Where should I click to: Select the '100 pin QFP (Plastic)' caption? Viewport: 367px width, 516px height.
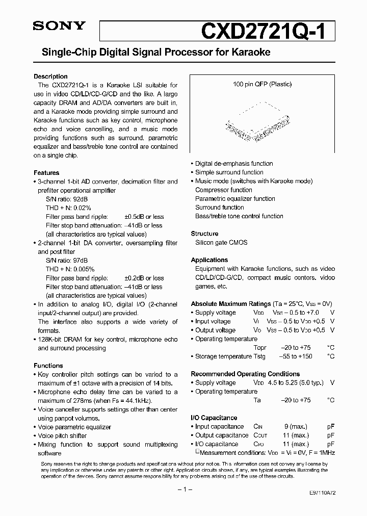coord(262,84)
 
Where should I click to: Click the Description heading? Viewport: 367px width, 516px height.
coord(50,76)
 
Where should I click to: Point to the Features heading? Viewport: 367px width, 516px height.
coord(46,173)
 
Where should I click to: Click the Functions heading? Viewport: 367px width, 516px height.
coord(48,366)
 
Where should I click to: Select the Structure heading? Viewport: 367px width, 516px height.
coord(204,234)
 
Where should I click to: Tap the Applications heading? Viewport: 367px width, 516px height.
coord(209,260)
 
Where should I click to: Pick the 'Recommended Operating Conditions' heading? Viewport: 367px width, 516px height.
coord(245,374)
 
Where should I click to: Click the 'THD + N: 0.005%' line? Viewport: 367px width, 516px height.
coord(70,269)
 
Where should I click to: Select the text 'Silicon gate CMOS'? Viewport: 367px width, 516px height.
coord(221,243)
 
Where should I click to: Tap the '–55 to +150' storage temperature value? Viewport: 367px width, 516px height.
coord(296,356)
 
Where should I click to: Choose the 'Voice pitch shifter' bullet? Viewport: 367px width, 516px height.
coord(62,436)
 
